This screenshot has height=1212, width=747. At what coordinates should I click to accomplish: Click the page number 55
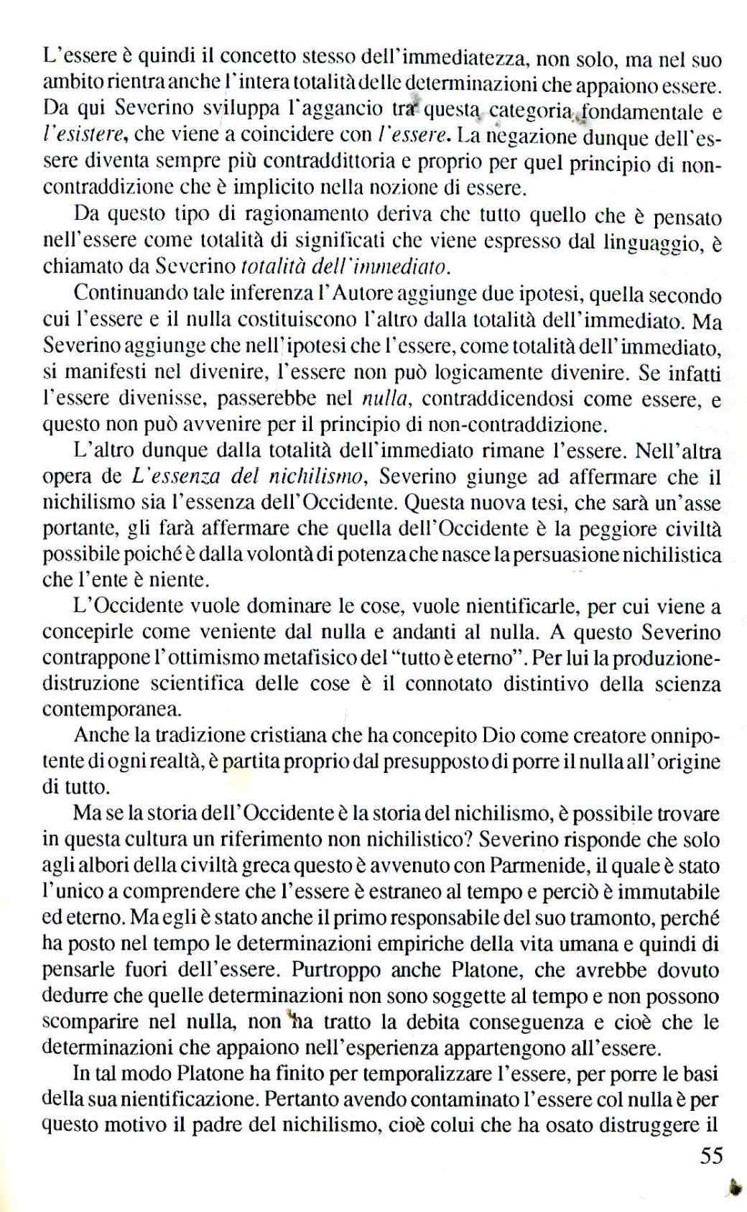coord(710,1155)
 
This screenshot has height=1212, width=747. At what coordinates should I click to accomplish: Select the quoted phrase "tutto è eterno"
coord(438,657)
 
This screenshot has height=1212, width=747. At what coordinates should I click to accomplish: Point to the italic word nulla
coord(386,399)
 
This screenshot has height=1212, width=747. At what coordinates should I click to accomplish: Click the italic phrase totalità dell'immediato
coord(345,267)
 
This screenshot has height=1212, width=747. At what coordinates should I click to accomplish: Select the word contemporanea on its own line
coord(111,709)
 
